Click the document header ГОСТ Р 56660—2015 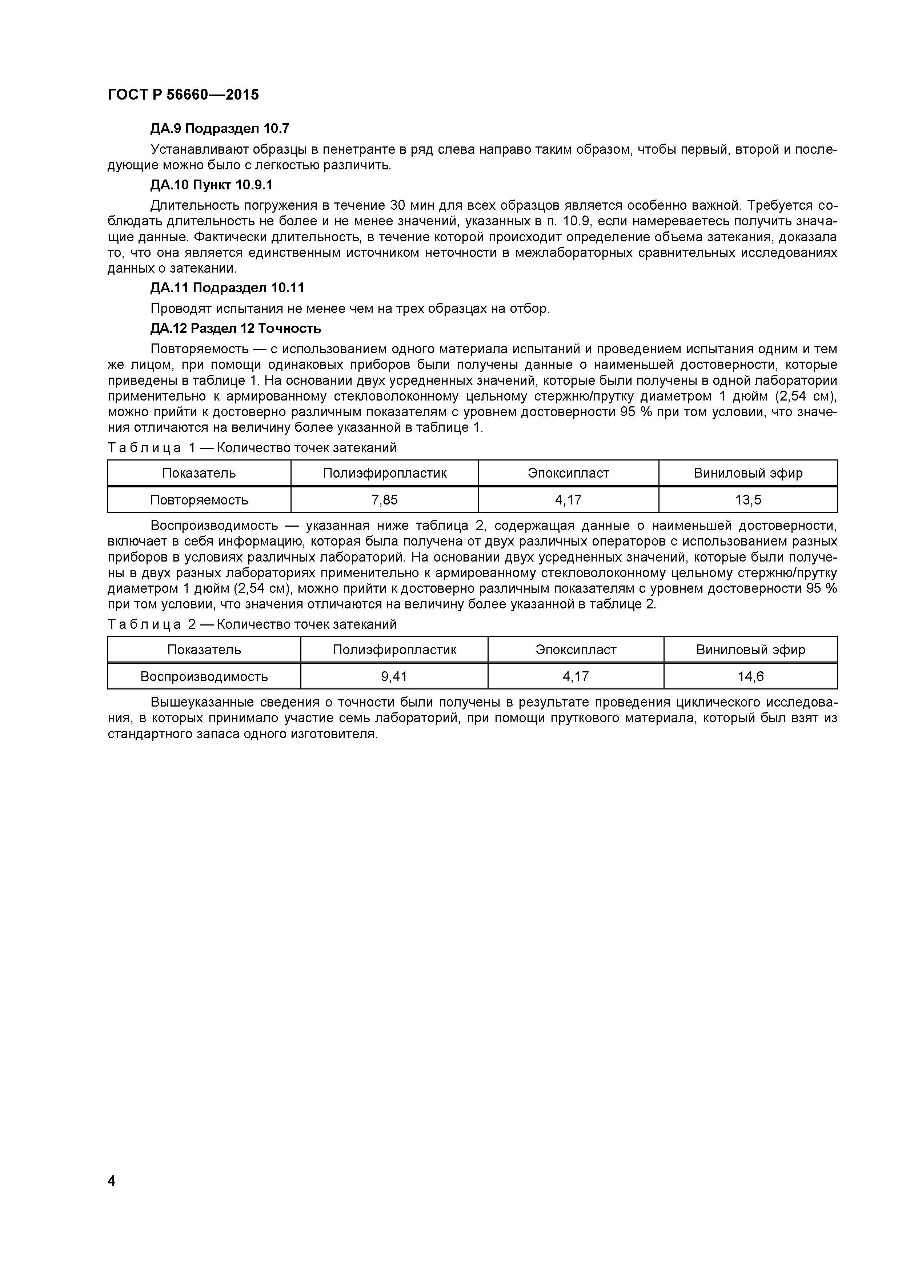coord(183,95)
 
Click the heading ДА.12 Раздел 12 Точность coord(236,329)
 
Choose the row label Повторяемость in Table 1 coord(199,500)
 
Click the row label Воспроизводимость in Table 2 coord(204,676)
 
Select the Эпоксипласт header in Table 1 coord(568,473)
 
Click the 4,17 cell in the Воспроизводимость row coord(576,676)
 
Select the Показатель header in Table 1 coord(199,473)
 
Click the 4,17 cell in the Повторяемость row coord(568,500)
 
